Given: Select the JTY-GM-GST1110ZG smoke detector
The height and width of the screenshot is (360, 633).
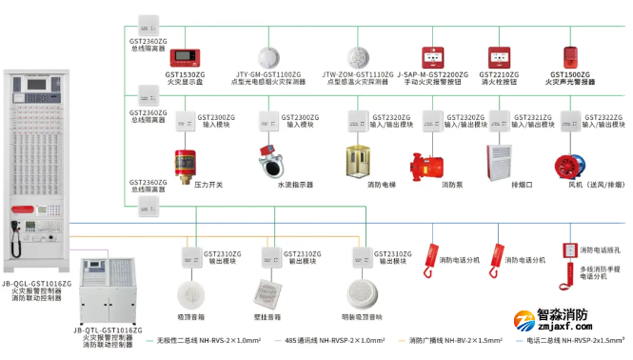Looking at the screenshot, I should (269, 55).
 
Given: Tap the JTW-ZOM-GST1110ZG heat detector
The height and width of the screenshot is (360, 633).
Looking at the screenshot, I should (357, 55).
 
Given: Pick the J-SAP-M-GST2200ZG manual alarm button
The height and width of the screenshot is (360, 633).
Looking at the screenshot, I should (436, 55).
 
